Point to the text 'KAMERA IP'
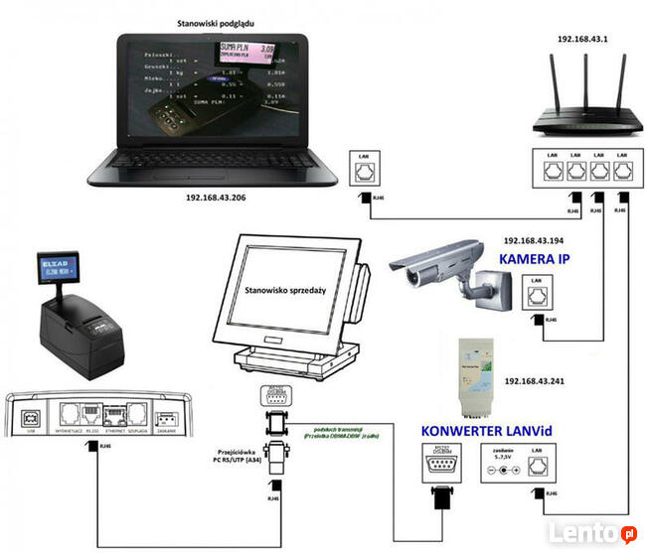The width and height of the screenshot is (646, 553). point(542,258)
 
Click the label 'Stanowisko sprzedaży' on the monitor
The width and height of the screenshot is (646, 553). point(288,293)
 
